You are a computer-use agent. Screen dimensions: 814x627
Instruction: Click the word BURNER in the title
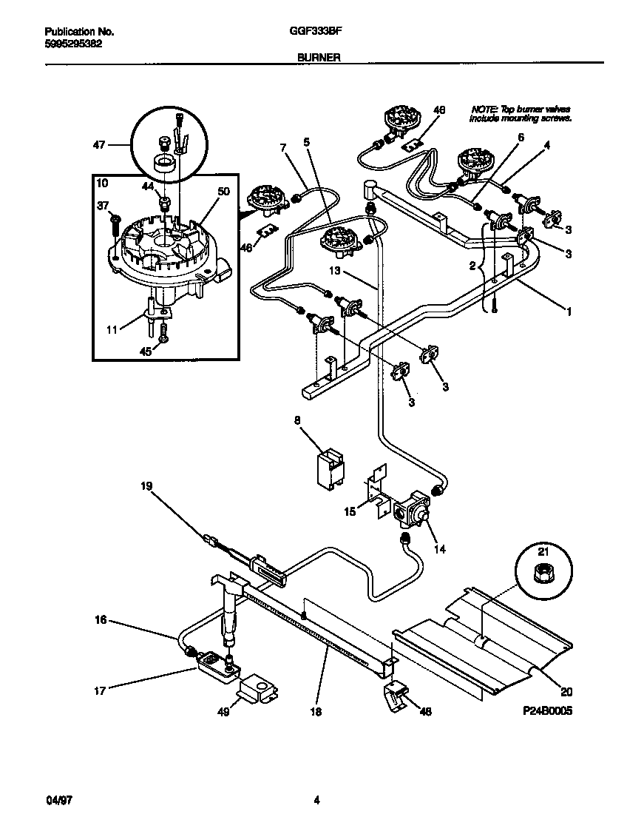click(319, 56)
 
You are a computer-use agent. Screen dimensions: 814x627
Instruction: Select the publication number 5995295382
click(73, 43)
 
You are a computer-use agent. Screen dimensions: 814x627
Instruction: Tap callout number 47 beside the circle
click(98, 146)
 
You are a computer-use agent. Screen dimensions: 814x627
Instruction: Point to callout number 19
click(146, 486)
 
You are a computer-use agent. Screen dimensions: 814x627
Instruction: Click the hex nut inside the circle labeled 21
click(540, 572)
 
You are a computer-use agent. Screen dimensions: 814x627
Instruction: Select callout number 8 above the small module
click(297, 421)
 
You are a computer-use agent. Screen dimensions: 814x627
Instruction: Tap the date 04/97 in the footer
click(55, 799)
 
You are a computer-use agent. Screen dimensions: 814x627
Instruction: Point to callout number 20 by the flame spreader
click(566, 693)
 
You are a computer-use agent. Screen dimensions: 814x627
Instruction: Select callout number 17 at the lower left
click(101, 691)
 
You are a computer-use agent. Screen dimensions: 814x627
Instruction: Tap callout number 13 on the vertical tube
click(334, 272)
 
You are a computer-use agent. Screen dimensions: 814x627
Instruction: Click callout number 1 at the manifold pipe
click(569, 312)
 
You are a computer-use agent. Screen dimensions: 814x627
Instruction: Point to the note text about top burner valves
click(521, 113)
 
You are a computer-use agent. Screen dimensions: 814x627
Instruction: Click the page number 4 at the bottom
click(316, 799)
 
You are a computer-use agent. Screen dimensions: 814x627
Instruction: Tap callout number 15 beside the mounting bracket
click(350, 511)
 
